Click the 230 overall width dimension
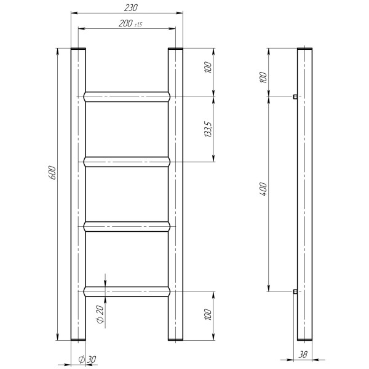pos(130,8)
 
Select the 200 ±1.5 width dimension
pos(130,23)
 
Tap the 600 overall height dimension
pos(53,173)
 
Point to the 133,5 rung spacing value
pos(208,129)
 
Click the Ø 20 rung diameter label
pos(100,314)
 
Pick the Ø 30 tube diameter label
pos(87,359)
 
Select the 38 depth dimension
pos(303,354)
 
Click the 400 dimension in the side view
pos(264,189)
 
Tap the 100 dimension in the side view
pos(264,77)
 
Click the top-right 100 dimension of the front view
pos(208,67)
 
